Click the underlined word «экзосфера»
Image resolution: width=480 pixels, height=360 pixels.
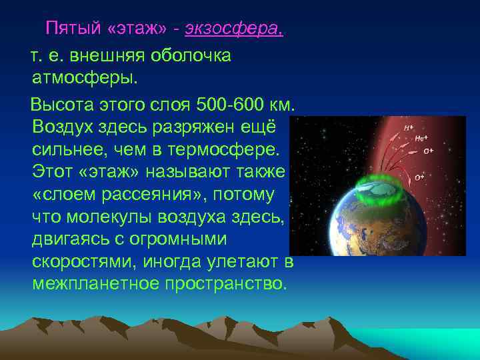[234, 29]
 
